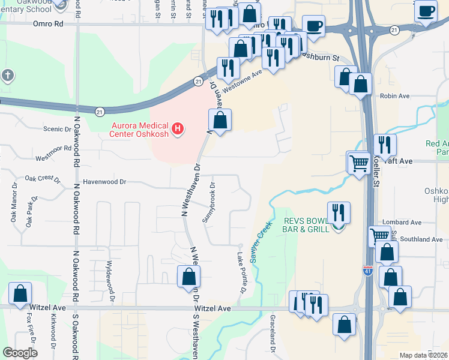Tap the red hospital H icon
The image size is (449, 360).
pos(177,128)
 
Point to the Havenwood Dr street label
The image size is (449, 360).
pos(105,181)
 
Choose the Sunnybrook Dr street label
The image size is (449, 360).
pos(208,202)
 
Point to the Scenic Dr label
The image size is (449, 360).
pos(57,128)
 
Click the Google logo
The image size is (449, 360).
pos(20,352)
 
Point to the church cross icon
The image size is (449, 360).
pos(7,76)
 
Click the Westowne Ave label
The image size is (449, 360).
pos(243,82)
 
